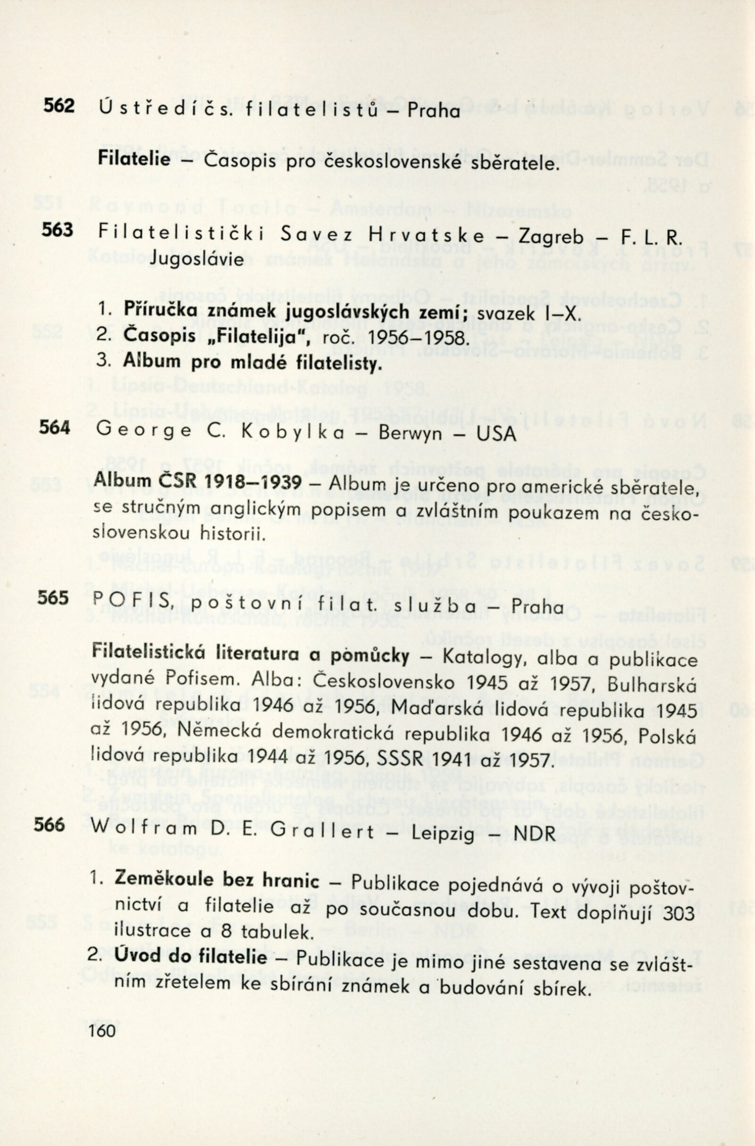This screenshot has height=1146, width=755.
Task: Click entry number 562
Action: pos(59,106)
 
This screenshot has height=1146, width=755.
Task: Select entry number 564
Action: pos(54,427)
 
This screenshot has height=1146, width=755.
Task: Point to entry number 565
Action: pos(52,598)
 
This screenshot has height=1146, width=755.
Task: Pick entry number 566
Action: pos(49,825)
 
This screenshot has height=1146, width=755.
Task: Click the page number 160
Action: pos(102,1030)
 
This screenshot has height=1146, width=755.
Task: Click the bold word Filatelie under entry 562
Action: pos(134,159)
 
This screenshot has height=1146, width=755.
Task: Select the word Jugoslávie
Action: pos(196,260)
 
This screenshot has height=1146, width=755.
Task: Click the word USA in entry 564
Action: pos(496,434)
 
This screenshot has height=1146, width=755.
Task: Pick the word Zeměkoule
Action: pos(163,880)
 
